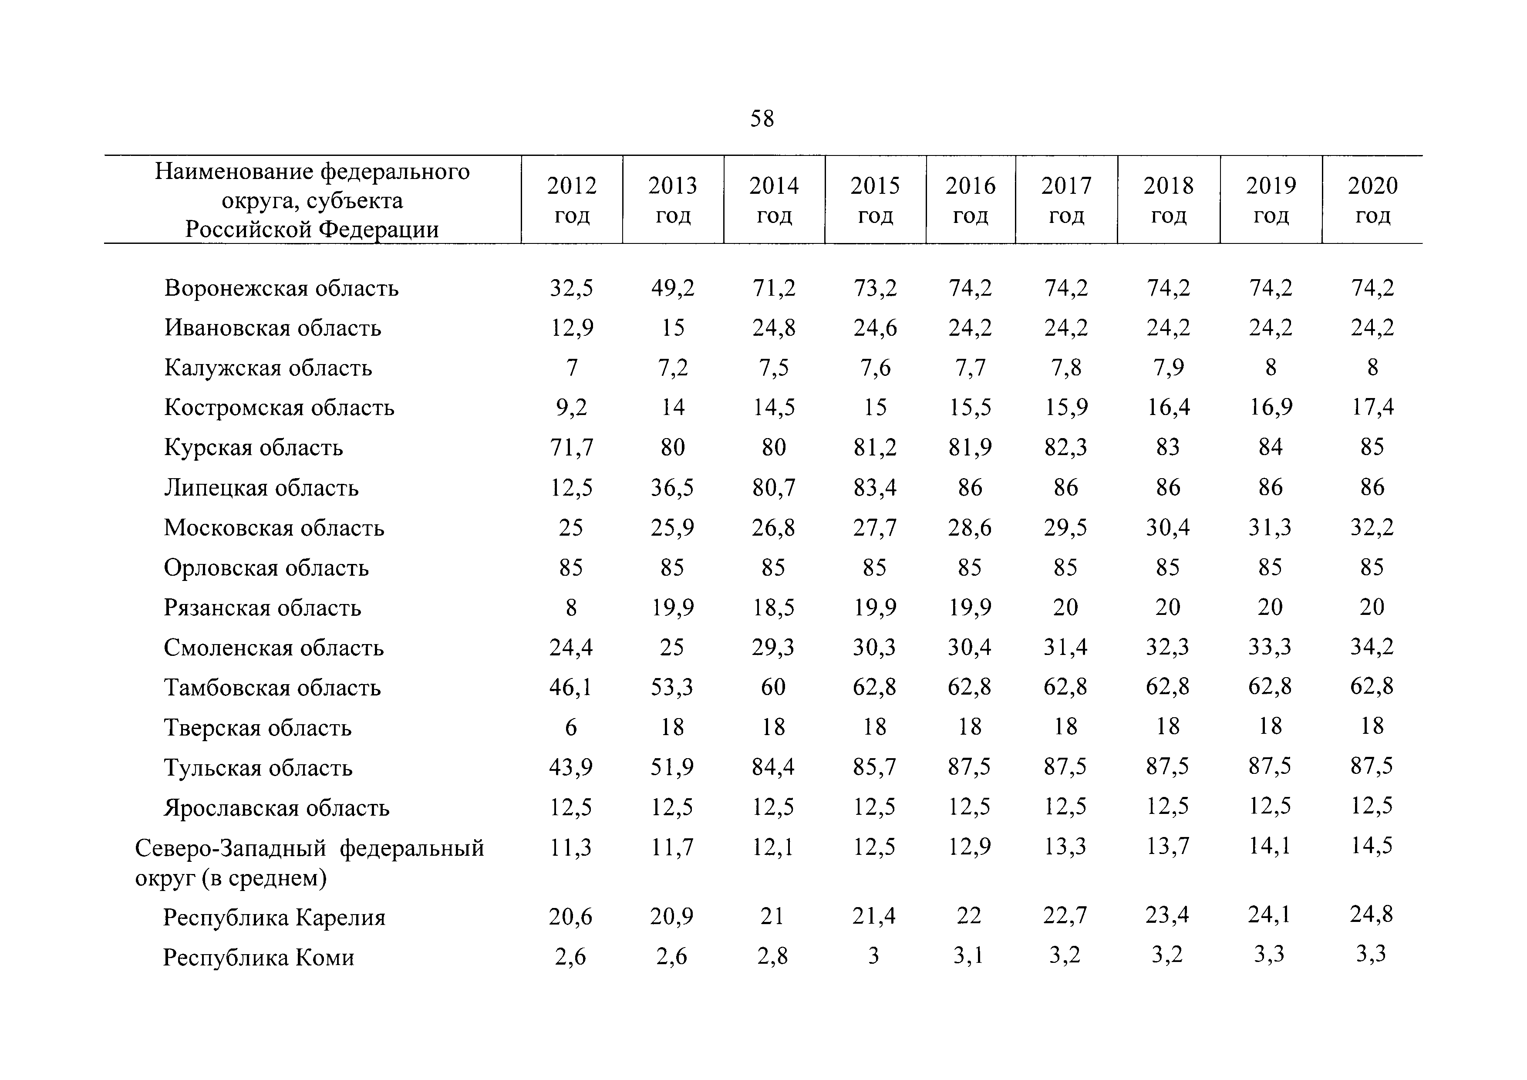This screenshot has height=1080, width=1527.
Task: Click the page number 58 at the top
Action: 762,118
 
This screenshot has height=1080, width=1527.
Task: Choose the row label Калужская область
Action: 268,368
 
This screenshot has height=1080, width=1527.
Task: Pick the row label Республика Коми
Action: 259,958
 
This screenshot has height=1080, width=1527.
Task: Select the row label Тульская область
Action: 258,768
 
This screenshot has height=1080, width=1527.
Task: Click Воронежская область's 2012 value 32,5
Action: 571,288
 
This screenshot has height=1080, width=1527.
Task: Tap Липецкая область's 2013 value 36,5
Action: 672,487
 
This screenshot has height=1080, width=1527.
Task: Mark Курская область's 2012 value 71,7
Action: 571,448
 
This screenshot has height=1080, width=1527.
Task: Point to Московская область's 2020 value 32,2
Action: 1372,527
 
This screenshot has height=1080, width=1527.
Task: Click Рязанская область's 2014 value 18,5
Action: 773,607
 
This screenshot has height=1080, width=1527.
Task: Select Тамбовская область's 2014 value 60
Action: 773,687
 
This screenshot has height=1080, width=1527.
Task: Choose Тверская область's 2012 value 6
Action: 571,727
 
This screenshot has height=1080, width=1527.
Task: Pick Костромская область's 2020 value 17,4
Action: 1372,407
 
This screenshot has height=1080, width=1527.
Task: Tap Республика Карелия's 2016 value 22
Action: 969,916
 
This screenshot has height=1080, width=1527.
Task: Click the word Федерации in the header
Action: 378,229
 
